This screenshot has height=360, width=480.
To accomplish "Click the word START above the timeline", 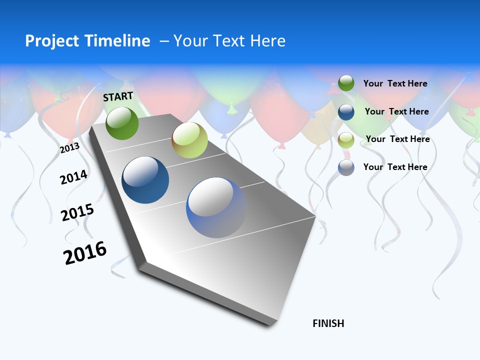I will pyautogui.click(x=118, y=96).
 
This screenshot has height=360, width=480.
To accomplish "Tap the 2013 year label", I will pyautogui.click(x=69, y=148).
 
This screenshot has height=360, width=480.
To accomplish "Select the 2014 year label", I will pyautogui.click(x=73, y=177).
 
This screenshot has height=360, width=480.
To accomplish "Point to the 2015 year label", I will pyautogui.click(x=77, y=212).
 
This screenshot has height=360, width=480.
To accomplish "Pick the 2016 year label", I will pyautogui.click(x=85, y=252).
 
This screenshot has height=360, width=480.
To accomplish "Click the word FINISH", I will pyautogui.click(x=328, y=323).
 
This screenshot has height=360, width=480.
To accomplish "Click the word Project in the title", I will pyautogui.click(x=51, y=41).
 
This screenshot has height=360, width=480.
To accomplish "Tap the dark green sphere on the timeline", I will pyautogui.click(x=122, y=123).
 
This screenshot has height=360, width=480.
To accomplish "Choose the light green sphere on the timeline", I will pyautogui.click(x=189, y=140).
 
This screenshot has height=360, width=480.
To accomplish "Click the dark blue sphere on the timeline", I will pyautogui.click(x=145, y=180).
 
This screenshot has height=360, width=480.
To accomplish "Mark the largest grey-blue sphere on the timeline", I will pyautogui.click(x=216, y=207).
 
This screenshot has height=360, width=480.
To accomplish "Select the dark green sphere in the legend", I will pyautogui.click(x=346, y=83).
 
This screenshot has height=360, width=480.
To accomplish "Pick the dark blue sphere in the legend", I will pyautogui.click(x=346, y=112).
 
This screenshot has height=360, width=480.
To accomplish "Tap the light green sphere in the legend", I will pyautogui.click(x=346, y=139).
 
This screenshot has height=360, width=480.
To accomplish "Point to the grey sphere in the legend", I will pyautogui.click(x=346, y=167).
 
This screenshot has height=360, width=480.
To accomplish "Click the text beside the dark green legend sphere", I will pyautogui.click(x=395, y=83).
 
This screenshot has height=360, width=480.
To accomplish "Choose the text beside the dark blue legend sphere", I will pyautogui.click(x=396, y=111).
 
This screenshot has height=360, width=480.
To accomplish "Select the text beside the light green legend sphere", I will pyautogui.click(x=397, y=139).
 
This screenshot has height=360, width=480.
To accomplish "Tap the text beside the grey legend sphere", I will pyautogui.click(x=395, y=167).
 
